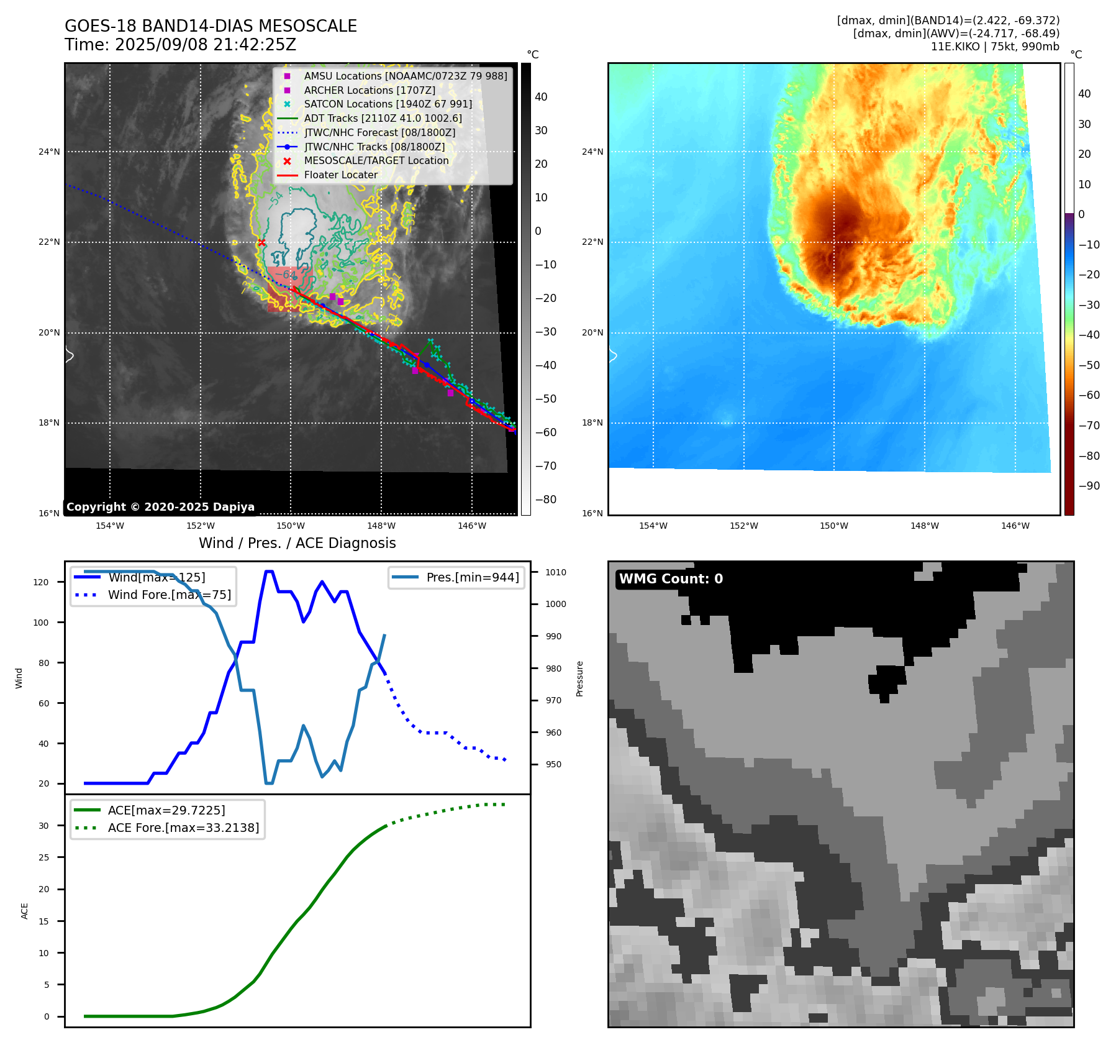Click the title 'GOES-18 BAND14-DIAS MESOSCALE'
[211, 26]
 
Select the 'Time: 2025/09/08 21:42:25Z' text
[180, 45]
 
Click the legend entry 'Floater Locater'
[340, 175]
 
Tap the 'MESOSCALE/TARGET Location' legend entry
[376, 160]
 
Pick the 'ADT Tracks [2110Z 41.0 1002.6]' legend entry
[383, 118]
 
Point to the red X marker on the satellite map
[261, 242]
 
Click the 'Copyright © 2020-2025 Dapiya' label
[160, 507]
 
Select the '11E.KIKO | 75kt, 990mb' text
[995, 47]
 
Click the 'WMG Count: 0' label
[671, 579]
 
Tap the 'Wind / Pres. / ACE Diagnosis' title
[297, 543]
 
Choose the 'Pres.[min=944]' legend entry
[472, 577]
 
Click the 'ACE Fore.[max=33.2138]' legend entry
[183, 828]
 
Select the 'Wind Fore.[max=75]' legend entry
[169, 595]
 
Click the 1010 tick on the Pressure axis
[556, 572]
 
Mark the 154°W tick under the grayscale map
[110, 526]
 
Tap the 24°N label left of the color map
[592, 152]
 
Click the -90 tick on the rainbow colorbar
[1089, 486]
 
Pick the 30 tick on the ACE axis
[44, 826]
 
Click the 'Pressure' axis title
[579, 678]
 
